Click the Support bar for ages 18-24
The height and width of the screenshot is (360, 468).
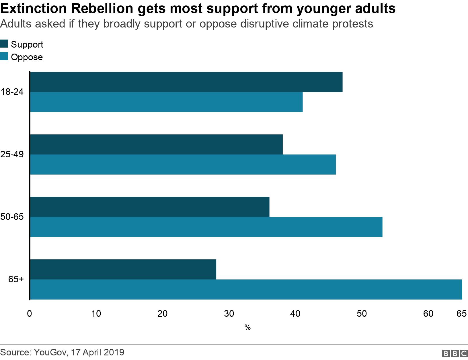coord(186,82)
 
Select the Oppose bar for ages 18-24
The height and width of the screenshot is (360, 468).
coord(166,102)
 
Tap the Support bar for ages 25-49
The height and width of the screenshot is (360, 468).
coord(156,144)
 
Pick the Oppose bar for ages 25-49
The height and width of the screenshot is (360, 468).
coord(183,165)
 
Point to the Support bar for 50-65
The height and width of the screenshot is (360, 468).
coord(150,207)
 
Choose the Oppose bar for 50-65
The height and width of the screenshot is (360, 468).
coord(206,227)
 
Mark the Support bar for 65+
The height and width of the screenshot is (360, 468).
coord(123,269)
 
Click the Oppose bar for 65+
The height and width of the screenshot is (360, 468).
coord(246,289)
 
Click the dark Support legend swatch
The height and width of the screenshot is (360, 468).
coord(4,44)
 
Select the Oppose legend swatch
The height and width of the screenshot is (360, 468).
coord(4,56)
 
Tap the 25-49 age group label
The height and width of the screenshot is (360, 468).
coord(12,155)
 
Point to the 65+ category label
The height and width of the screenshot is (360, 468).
coord(16,279)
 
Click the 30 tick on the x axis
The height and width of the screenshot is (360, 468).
coord(229,314)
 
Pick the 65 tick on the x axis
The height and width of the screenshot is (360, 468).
coord(461,314)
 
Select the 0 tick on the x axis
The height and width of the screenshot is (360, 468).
coord(30,314)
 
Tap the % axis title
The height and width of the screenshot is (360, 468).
coord(247,327)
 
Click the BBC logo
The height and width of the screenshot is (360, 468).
coord(455,354)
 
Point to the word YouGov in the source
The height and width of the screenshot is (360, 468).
coord(49,352)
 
